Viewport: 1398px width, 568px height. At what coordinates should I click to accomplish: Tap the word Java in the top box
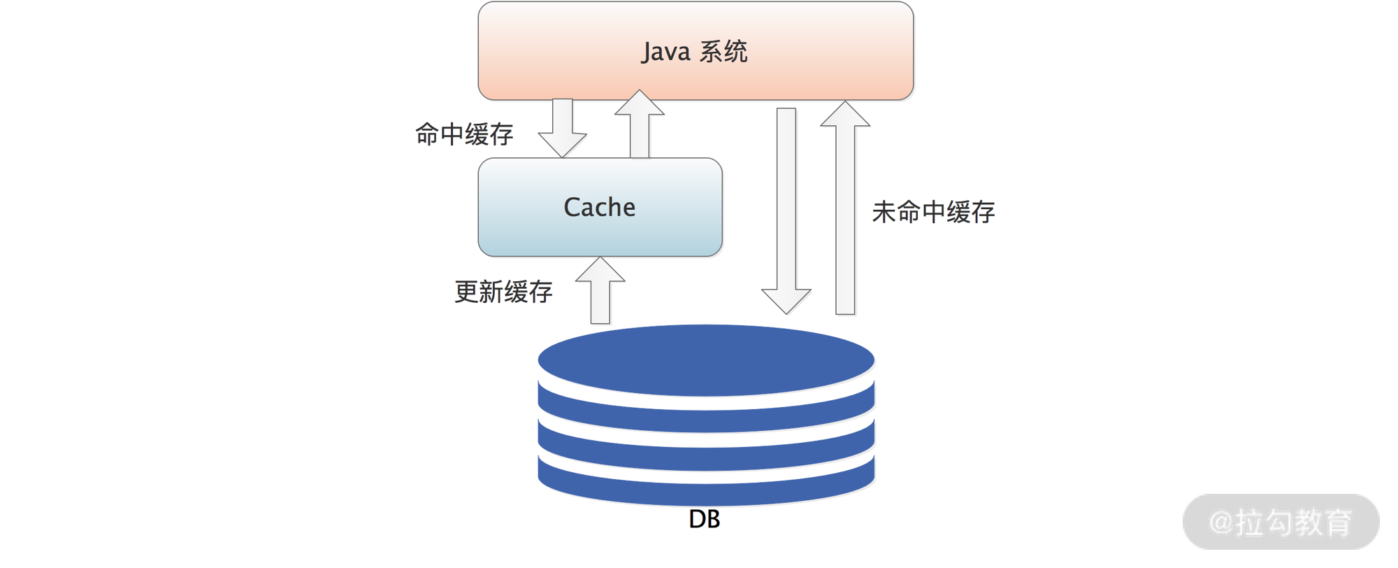666,52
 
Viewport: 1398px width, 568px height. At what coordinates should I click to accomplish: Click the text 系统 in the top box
723,52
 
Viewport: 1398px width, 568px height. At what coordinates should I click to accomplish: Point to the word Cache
600,207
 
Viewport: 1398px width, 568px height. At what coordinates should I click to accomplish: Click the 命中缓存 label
464,134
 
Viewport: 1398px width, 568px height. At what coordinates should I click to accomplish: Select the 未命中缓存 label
933,212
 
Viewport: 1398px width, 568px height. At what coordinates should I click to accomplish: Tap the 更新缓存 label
503,292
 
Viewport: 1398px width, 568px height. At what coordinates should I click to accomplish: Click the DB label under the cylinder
704,519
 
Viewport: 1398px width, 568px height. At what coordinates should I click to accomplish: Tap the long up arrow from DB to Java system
845,210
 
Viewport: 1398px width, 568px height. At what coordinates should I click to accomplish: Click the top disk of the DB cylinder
706,360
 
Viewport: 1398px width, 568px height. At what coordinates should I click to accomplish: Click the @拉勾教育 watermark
1281,522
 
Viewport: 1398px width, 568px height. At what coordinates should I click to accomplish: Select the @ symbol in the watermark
1221,523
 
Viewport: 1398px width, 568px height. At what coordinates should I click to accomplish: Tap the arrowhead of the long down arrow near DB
786,299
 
